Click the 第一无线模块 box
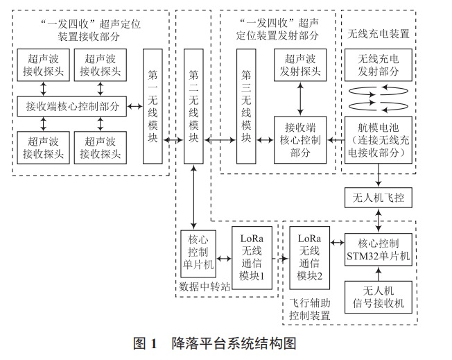[x=153, y=106]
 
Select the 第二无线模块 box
[x=194, y=106]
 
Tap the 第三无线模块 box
[x=245, y=106]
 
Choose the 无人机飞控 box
[x=379, y=199]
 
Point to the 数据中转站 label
[x=203, y=285]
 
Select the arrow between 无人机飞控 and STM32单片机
[x=379, y=221]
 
